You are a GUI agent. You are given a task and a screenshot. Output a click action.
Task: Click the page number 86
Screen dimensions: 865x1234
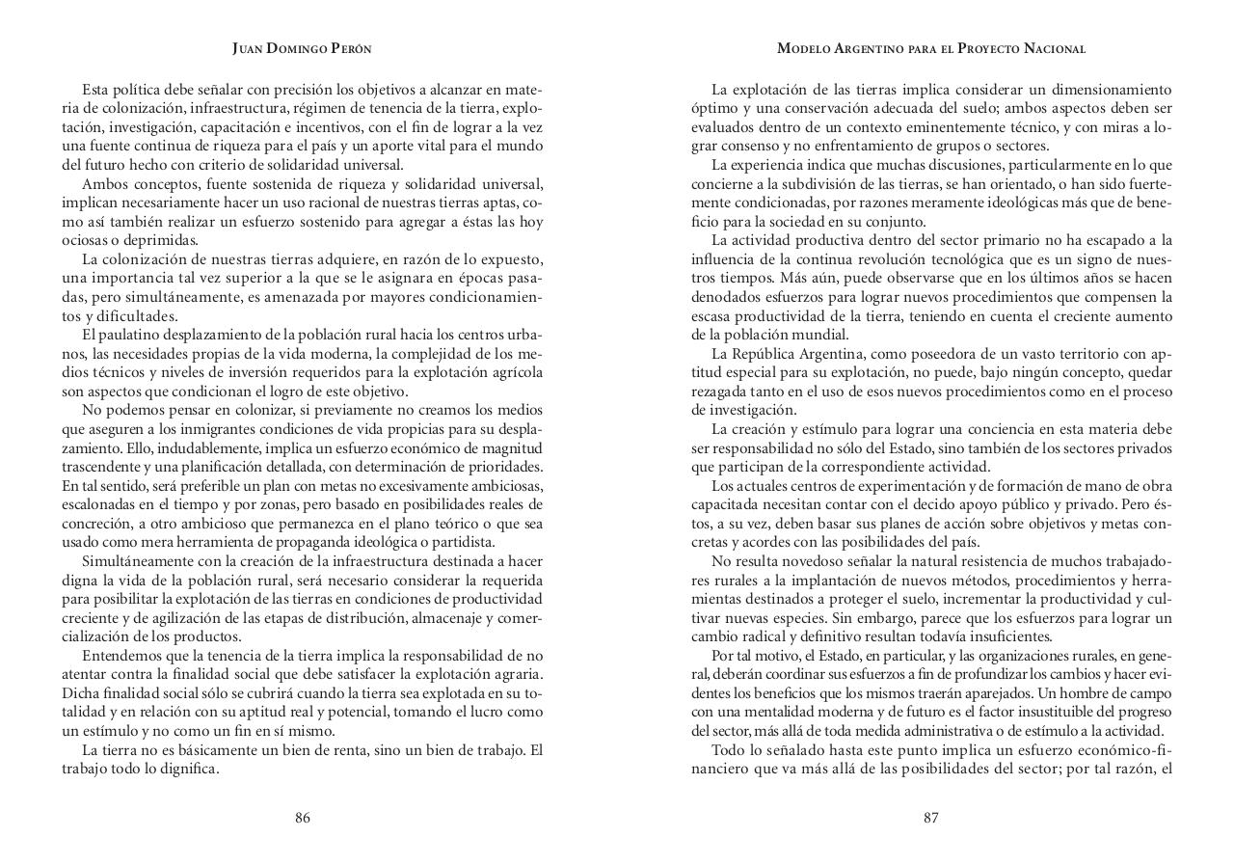pos(303,818)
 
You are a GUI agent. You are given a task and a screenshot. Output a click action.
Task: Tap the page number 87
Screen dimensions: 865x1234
pos(930,818)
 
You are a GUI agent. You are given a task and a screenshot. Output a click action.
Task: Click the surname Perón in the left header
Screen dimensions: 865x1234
pos(349,48)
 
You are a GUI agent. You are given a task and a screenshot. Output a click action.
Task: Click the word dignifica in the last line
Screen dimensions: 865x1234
pos(188,769)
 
